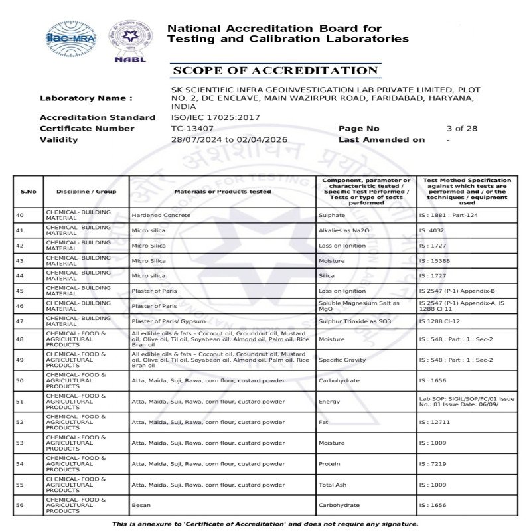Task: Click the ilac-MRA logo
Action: pos(71,38)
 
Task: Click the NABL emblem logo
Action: pos(130,40)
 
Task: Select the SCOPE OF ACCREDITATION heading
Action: pos(275,71)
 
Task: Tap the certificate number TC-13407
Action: pos(192,129)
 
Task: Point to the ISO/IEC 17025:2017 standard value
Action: pos(206,117)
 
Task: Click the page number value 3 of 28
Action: pos(462,129)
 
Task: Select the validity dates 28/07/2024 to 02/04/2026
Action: pos(229,140)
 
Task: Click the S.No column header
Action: pos(29,192)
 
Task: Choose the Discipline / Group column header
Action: pos(86,192)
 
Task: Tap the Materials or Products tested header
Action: pos(222,192)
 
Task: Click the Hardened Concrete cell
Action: pos(161,216)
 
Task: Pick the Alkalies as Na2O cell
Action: pos(342,230)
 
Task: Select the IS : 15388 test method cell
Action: pos(435,261)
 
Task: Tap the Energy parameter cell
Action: pos(329,402)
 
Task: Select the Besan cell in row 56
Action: pos(140,506)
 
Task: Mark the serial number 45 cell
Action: pos(19,291)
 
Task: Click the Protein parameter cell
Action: pos(329,464)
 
